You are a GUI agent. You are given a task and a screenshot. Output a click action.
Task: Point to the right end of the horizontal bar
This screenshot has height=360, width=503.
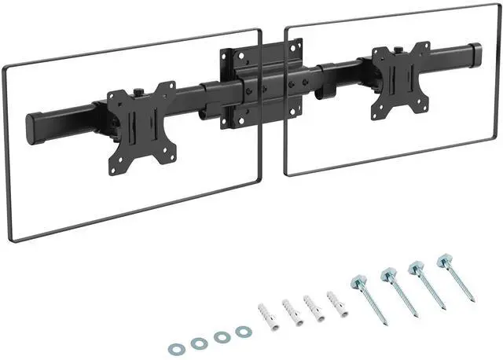click(475, 56)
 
